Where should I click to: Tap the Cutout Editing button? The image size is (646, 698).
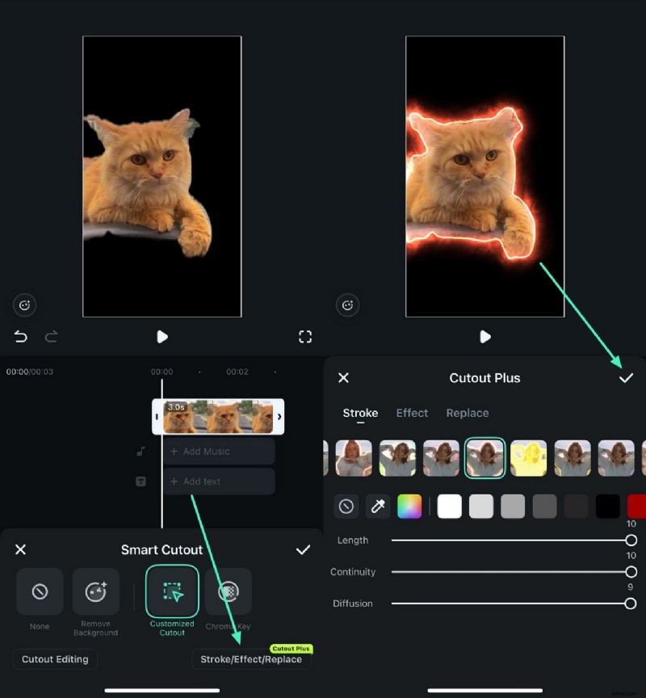[x=55, y=659]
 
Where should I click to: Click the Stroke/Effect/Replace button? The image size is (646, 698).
[x=251, y=659]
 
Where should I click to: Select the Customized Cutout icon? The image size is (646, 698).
[x=172, y=592]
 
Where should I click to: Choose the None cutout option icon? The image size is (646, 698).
[x=40, y=592]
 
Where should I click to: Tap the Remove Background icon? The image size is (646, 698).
[x=96, y=592]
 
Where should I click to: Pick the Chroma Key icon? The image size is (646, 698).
[x=229, y=592]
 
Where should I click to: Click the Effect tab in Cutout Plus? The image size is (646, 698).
[x=412, y=413]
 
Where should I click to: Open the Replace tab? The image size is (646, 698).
[x=468, y=413]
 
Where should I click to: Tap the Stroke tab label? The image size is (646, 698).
[x=360, y=413]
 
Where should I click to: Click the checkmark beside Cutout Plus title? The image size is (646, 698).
[x=626, y=378]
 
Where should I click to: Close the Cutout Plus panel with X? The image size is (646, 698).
[x=343, y=378]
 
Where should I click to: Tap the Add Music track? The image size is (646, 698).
[x=219, y=452]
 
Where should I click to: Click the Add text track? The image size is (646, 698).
[x=219, y=481]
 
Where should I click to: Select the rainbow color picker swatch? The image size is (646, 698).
[x=409, y=507]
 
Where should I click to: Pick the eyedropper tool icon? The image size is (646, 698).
[x=377, y=507]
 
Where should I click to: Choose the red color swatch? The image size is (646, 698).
[x=636, y=507]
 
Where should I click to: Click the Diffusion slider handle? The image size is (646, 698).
[x=630, y=603]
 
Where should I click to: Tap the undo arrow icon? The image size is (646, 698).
[x=21, y=337]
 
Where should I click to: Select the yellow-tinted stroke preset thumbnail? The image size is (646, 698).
[x=528, y=458]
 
